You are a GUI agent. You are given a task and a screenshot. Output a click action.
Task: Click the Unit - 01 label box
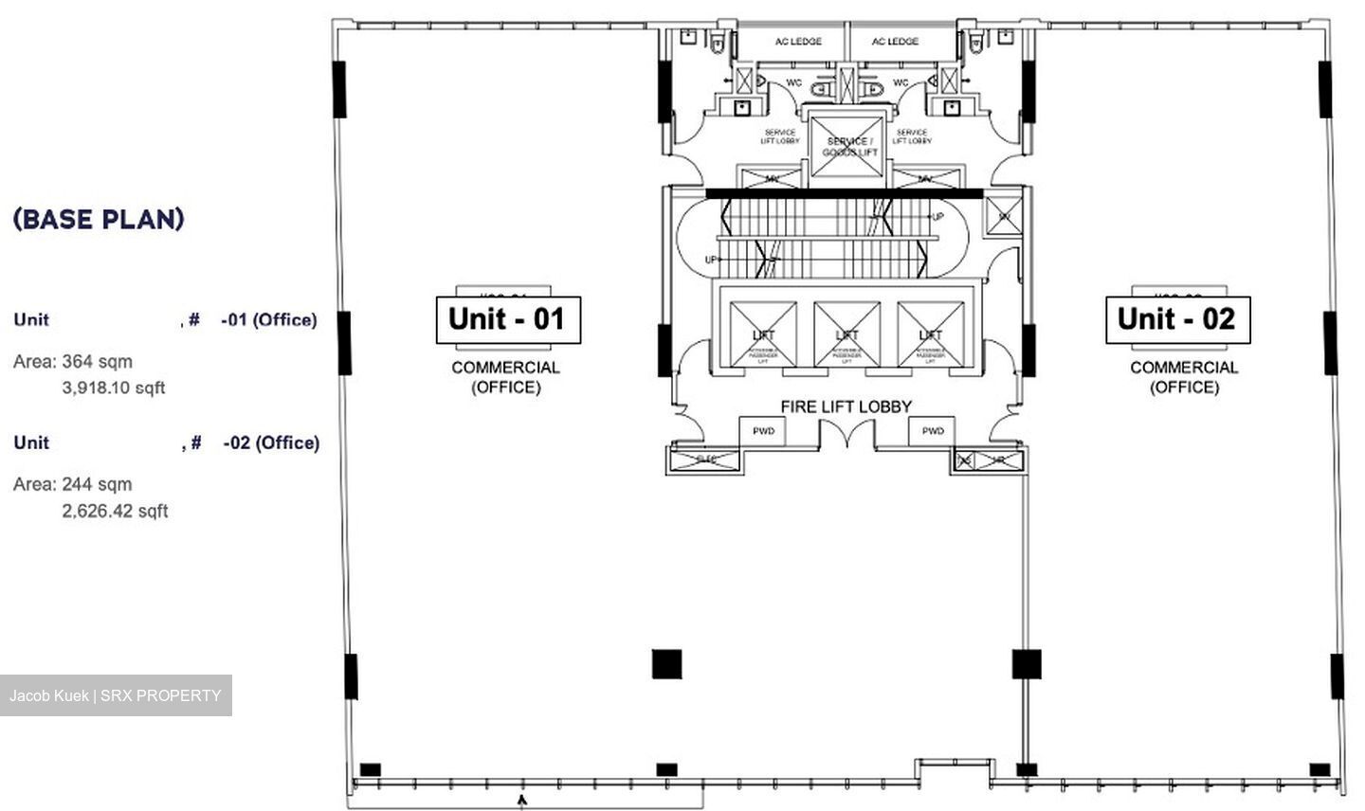point(508,319)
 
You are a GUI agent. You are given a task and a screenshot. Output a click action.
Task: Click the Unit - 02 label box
point(1177,319)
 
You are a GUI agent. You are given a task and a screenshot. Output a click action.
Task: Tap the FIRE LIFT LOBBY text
point(846,406)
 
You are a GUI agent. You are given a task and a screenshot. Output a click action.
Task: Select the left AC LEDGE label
point(798,42)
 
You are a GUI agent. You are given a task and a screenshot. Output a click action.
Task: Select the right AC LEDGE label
point(895,42)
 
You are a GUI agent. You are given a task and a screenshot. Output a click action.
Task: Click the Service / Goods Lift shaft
point(846,147)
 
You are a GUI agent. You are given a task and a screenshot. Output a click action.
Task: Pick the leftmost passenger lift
point(763,334)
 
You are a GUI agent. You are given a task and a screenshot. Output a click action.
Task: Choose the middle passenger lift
point(846,334)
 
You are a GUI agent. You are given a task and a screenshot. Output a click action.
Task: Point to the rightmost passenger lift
point(930,334)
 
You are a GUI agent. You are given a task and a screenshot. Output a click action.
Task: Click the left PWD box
point(763,431)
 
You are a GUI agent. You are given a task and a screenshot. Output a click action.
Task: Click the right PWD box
point(933,431)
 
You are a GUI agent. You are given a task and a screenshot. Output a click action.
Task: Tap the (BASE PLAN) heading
point(99,219)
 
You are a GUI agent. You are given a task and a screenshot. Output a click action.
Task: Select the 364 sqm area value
point(97,361)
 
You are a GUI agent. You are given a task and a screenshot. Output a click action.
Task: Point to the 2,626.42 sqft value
point(115,511)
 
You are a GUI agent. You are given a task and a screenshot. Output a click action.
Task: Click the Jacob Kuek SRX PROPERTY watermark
point(116,695)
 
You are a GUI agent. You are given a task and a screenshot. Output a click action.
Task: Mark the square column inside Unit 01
point(666,664)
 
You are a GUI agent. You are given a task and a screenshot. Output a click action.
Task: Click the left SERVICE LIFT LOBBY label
point(779,136)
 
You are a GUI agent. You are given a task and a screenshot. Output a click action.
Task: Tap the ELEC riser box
point(705,460)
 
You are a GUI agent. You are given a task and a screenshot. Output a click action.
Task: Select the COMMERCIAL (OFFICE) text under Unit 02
point(1184,377)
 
